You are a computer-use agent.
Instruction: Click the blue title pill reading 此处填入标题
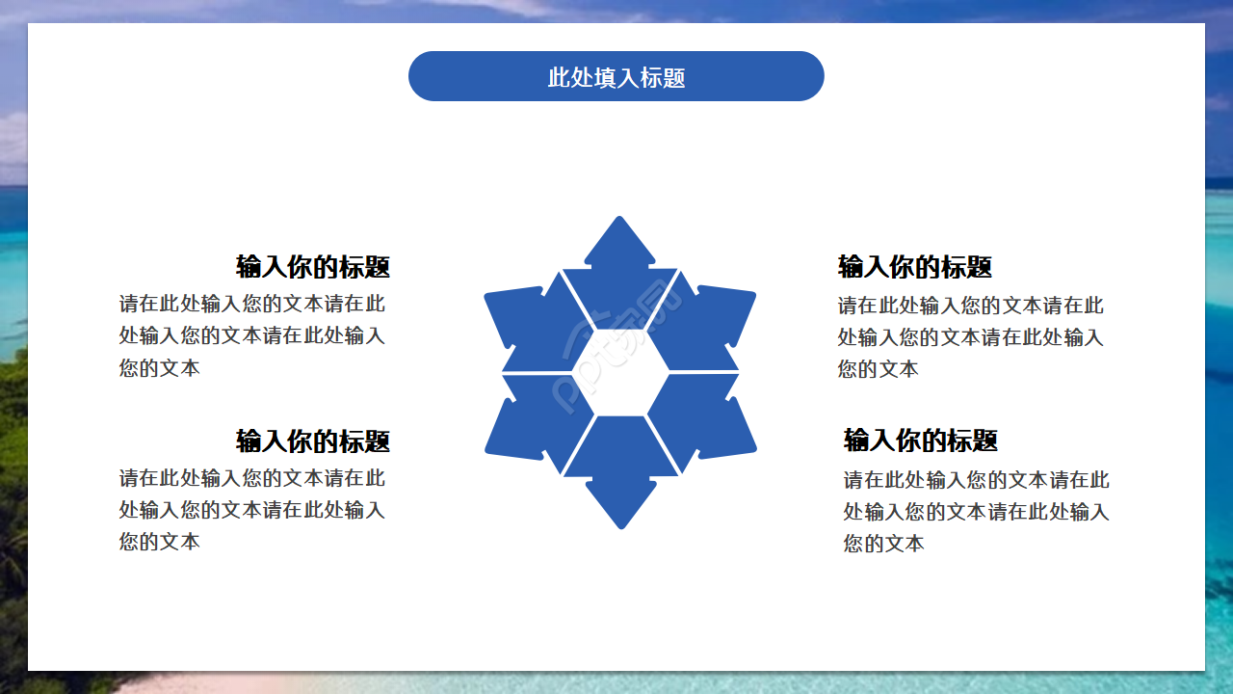pos(616,76)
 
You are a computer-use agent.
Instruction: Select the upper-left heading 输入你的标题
pos(313,267)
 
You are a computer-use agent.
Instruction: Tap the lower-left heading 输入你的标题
pos(313,441)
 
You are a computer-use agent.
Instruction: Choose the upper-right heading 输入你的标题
pos(915,267)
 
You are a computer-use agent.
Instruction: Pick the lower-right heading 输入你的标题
pos(921,440)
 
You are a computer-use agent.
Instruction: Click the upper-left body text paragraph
pos(252,335)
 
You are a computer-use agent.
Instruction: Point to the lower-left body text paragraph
pos(252,509)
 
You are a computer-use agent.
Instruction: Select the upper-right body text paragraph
pos(971,336)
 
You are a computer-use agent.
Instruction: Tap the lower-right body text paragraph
pos(977,511)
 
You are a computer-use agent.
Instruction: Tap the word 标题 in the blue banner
pos(663,77)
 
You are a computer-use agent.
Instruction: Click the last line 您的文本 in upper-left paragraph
pos(160,368)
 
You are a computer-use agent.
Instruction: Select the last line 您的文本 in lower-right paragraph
pos(884,544)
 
